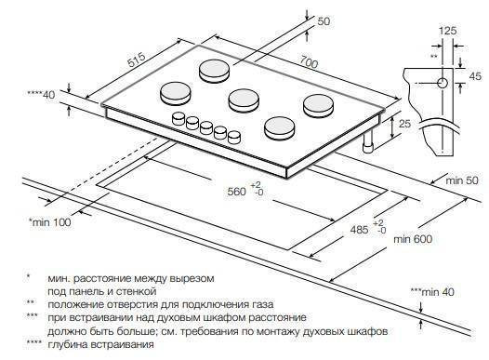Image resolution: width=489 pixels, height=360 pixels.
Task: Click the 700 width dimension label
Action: [x=309, y=61]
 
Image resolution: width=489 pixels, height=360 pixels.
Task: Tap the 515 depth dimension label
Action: [x=138, y=60]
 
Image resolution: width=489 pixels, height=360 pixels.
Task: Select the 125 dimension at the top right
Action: [x=447, y=31]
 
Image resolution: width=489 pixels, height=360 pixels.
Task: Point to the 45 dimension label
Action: [x=475, y=76]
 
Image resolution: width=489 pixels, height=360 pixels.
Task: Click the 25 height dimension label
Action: [x=404, y=124]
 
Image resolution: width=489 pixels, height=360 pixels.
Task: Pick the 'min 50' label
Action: [x=461, y=180]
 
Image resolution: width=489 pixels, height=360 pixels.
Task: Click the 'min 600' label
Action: [x=413, y=239]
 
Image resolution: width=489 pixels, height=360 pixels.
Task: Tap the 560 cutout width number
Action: [x=237, y=192]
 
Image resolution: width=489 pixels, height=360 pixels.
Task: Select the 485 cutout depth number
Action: [x=359, y=230]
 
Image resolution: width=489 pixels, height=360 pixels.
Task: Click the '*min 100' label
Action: [x=50, y=222]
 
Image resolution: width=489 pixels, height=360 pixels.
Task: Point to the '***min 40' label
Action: [x=432, y=292]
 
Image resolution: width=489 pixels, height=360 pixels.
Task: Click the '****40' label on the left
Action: [x=41, y=94]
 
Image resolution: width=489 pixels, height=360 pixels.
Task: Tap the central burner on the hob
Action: [x=244, y=100]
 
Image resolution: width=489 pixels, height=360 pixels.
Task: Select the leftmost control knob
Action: [x=178, y=118]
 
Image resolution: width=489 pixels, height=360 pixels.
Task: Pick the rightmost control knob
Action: [x=234, y=138]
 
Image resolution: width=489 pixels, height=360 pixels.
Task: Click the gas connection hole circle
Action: [x=443, y=84]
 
